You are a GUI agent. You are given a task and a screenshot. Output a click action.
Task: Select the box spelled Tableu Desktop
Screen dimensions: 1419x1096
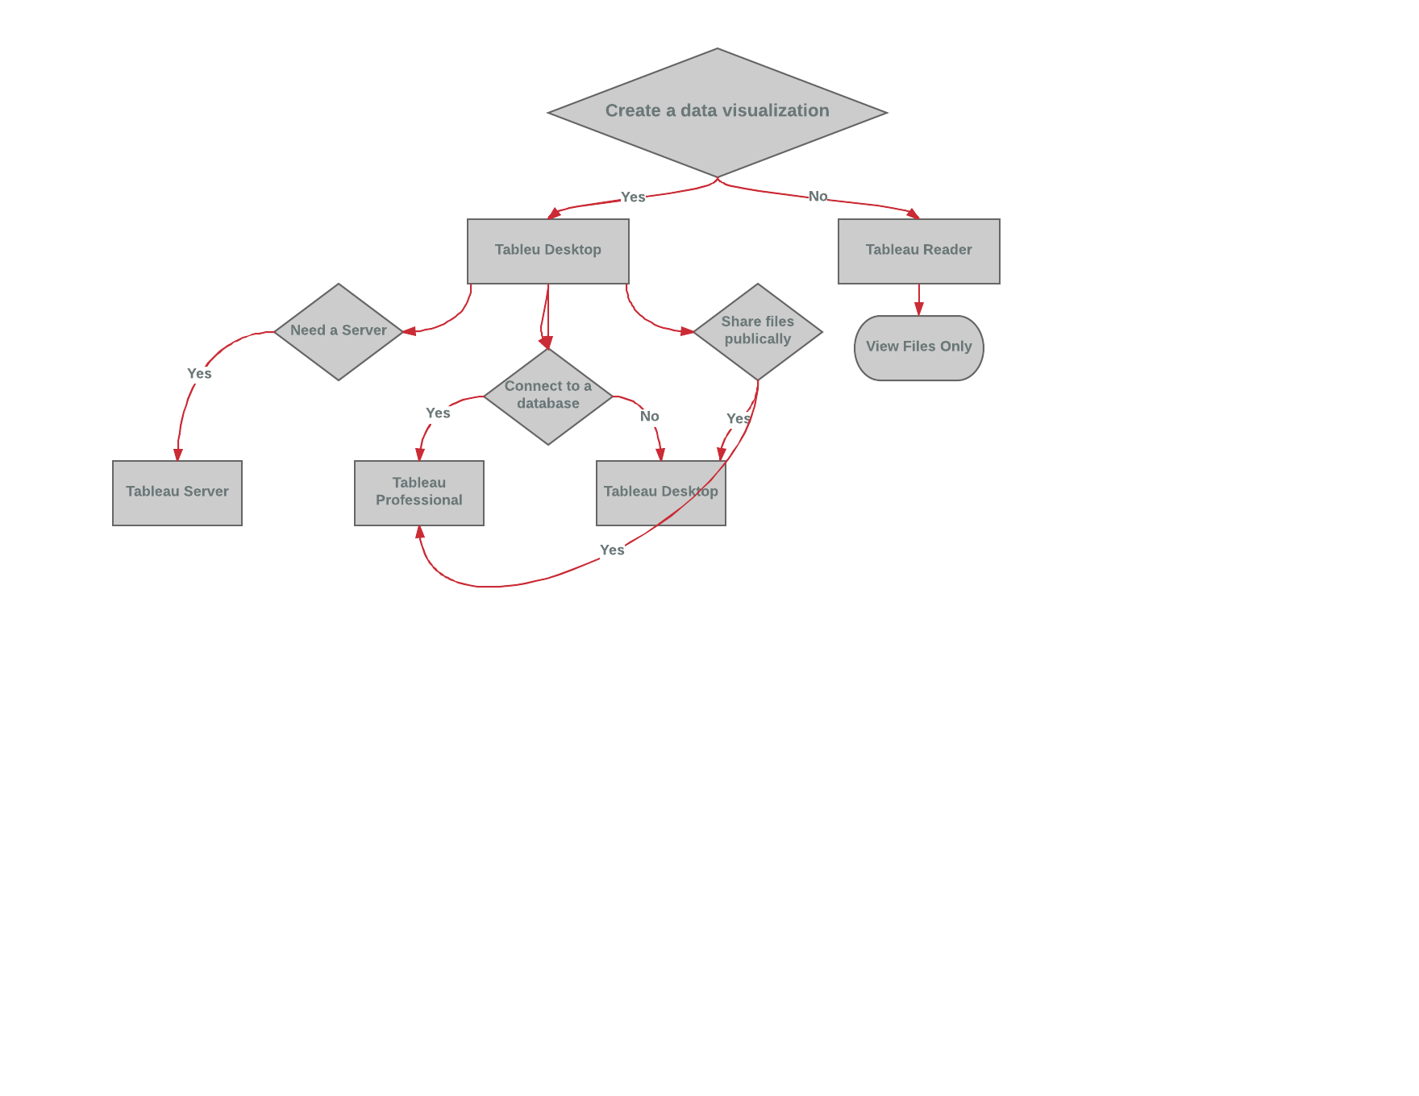[548, 251]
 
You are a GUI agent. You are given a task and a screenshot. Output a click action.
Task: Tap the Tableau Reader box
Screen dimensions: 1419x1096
[918, 251]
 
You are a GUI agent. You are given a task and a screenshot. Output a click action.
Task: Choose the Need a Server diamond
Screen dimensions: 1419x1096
[339, 331]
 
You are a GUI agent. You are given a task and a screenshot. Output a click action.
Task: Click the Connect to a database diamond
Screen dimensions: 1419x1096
[548, 396]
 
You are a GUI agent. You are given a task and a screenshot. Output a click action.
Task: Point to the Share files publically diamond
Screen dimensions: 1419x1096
[758, 331]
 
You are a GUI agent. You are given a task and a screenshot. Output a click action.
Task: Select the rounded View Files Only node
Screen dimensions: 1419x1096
[918, 347]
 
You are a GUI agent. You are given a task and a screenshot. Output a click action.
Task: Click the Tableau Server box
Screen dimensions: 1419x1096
[177, 492]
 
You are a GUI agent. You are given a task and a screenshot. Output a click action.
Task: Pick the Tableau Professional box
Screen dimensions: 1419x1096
[419, 492]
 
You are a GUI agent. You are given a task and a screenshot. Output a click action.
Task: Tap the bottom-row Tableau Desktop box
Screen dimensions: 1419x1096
[661, 492]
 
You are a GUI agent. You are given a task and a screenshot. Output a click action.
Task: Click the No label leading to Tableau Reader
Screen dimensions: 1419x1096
[818, 197]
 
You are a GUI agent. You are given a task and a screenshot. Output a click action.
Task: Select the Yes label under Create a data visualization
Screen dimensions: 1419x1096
[633, 197]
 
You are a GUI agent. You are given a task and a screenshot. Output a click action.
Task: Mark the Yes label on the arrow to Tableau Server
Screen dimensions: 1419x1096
[199, 374]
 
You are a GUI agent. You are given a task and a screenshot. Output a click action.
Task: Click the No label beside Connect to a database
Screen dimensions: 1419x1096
[649, 417]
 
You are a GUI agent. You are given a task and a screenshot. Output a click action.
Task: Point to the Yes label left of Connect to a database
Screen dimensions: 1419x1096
[438, 413]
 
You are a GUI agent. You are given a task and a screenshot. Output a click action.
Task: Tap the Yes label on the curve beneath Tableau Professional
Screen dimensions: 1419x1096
[612, 550]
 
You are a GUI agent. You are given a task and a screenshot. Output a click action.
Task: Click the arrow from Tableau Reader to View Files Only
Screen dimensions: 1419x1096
[919, 299]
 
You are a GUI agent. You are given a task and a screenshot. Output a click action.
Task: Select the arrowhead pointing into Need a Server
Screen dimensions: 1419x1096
[409, 331]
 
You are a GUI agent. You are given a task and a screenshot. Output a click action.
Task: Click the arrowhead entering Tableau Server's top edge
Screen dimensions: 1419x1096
[178, 455]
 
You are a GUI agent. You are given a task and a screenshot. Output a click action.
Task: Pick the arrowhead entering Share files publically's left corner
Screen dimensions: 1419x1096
[687, 331]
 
